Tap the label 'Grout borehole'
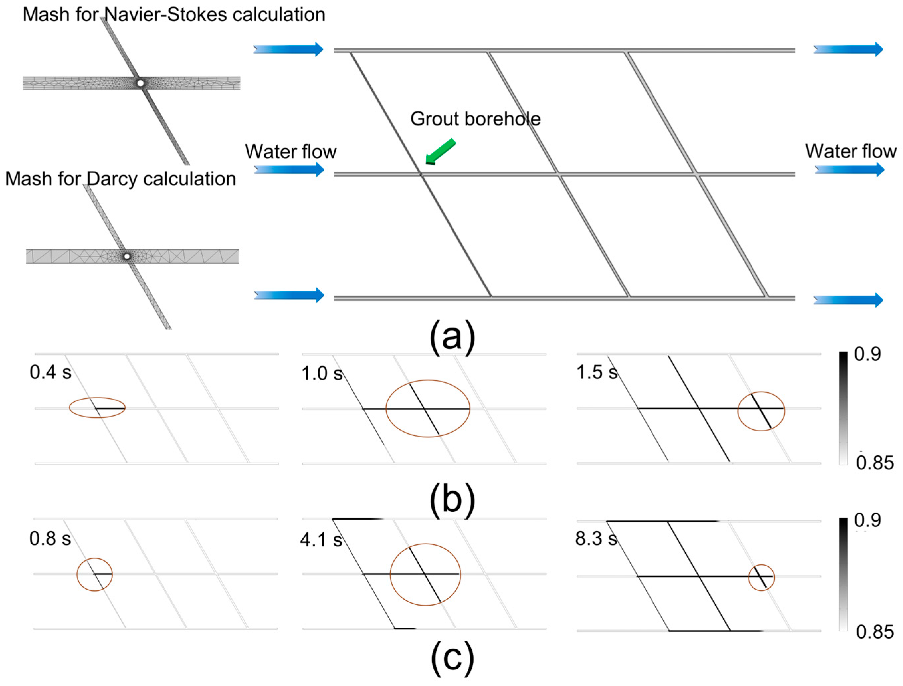pyautogui.click(x=475, y=119)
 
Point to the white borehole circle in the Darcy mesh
pyautogui.click(x=127, y=257)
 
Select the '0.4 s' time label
pyautogui.click(x=50, y=372)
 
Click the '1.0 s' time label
pyautogui.click(x=322, y=374)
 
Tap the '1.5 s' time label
pyautogui.click(x=596, y=372)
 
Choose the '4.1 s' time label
pyautogui.click(x=321, y=540)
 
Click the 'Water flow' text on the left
pyautogui.click(x=291, y=152)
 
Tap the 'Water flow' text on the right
pyautogui.click(x=851, y=151)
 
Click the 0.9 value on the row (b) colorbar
pyautogui.click(x=867, y=354)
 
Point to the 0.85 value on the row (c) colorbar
pyautogui.click(x=875, y=632)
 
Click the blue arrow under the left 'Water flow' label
pyautogui.click(x=289, y=170)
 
